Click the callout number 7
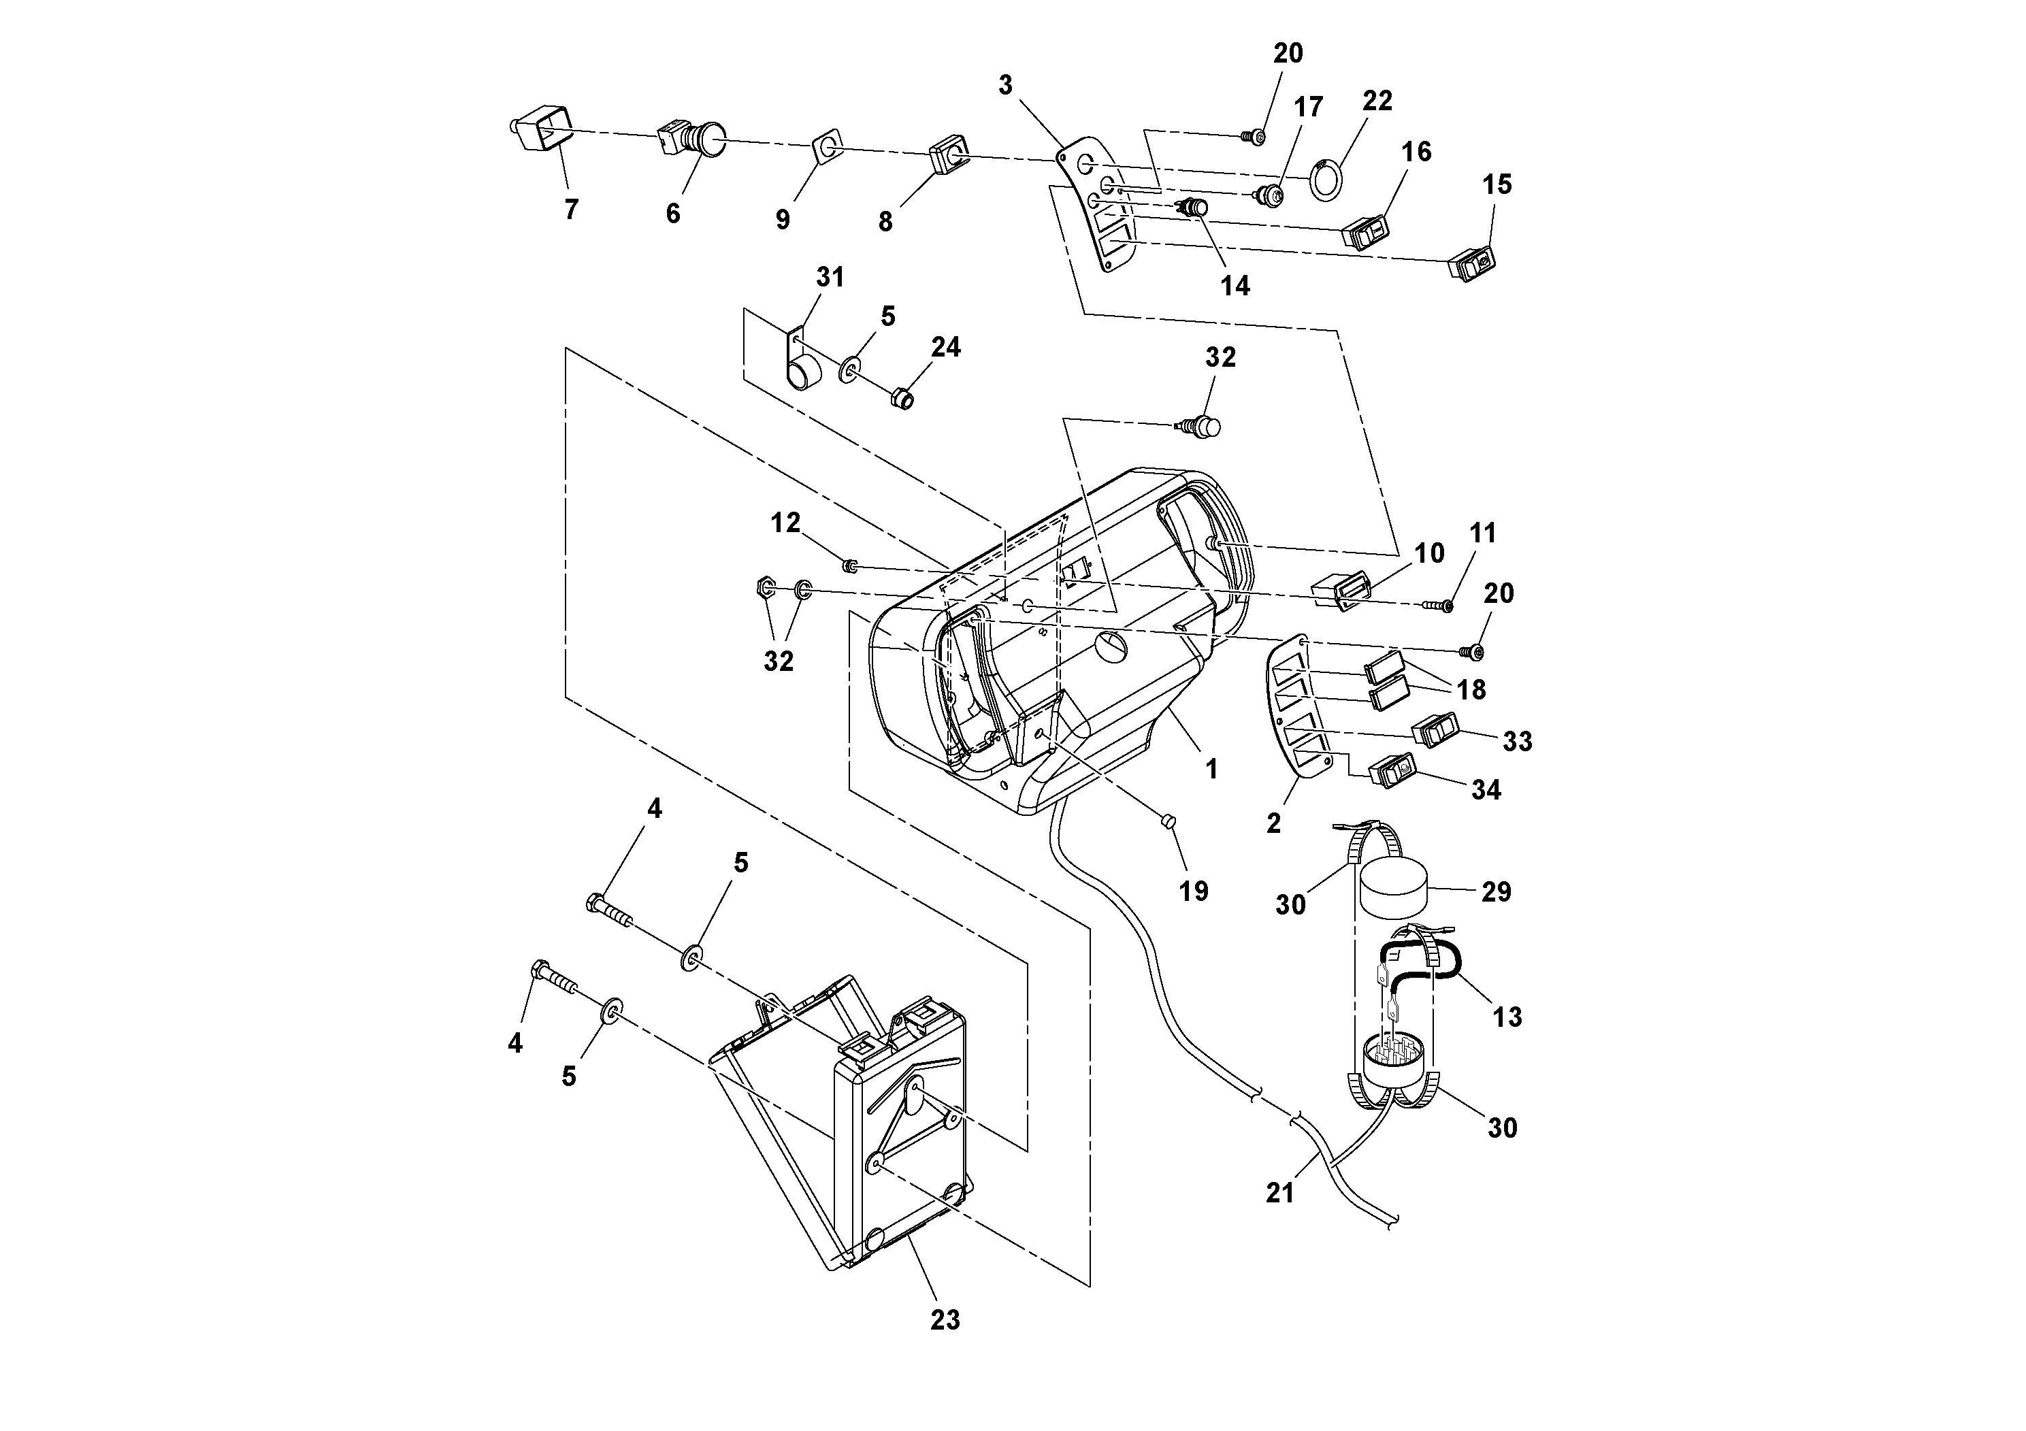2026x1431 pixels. (571, 210)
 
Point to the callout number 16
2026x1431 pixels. (1416, 152)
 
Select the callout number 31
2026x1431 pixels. (830, 277)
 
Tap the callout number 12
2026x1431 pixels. (785, 523)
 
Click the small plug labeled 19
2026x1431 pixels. (1166, 821)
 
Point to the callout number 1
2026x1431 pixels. (1211, 770)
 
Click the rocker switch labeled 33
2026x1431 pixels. (1435, 731)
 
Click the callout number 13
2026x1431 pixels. (1507, 1017)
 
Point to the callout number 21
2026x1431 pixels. (1279, 1193)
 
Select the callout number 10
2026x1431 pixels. (1429, 553)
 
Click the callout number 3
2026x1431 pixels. (1005, 86)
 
